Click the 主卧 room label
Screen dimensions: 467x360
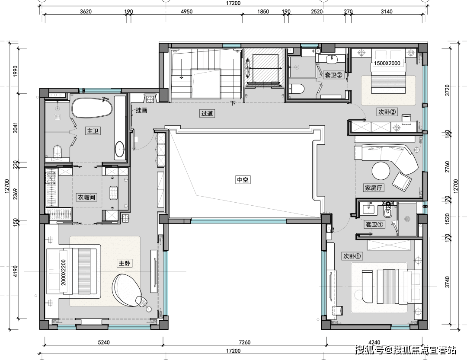click(x=125, y=263)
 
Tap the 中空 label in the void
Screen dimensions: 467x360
click(x=243, y=180)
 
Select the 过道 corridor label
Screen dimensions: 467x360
click(x=207, y=114)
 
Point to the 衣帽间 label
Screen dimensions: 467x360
click(x=86, y=197)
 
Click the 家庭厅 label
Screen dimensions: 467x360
click(x=374, y=188)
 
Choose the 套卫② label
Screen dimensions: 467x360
click(x=334, y=75)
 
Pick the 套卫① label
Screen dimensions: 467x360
click(x=374, y=225)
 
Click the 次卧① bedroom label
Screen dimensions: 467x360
click(x=352, y=256)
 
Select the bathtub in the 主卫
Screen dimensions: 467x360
click(x=92, y=108)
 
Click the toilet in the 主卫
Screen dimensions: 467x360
click(x=58, y=151)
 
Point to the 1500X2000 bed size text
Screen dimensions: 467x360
click(x=387, y=63)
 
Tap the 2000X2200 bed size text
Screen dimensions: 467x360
click(x=64, y=272)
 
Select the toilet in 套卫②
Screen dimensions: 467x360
click(x=297, y=89)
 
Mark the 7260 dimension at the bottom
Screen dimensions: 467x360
click(x=245, y=342)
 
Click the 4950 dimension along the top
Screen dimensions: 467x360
click(x=187, y=12)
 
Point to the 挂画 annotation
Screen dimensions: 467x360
click(x=141, y=110)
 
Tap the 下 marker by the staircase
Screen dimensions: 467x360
click(x=233, y=103)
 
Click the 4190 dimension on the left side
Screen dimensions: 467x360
click(x=16, y=271)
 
